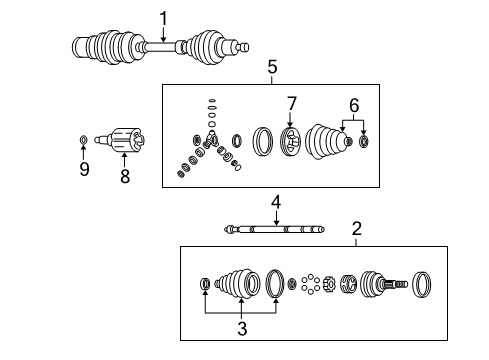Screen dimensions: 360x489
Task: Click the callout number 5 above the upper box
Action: coord(272,67)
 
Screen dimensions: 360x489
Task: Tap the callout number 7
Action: coord(292,103)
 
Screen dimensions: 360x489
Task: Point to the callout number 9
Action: coord(84,169)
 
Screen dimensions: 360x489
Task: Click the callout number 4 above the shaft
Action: coord(275,203)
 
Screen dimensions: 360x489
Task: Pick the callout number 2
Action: coord(357,228)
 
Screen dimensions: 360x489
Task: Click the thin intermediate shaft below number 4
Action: coord(275,229)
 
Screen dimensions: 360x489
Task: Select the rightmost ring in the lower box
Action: coord(422,285)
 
